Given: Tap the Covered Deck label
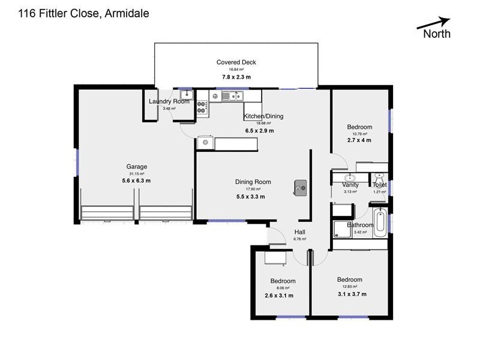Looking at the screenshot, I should pos(236,62).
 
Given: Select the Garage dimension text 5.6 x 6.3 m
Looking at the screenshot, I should pos(136,180).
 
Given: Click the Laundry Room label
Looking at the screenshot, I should pos(169,101).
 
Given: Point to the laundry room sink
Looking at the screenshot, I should pos(186,95).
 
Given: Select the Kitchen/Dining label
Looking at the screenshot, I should pos(263,116).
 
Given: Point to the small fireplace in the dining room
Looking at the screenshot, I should pos(300,188).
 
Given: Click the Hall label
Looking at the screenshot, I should pos(300,232).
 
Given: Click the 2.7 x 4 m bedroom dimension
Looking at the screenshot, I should pos(359,140).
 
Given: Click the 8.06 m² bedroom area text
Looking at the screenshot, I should pos(282,288).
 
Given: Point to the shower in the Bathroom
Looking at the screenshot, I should pos(343,228).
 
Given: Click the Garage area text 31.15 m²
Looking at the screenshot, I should pos(136,173).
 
